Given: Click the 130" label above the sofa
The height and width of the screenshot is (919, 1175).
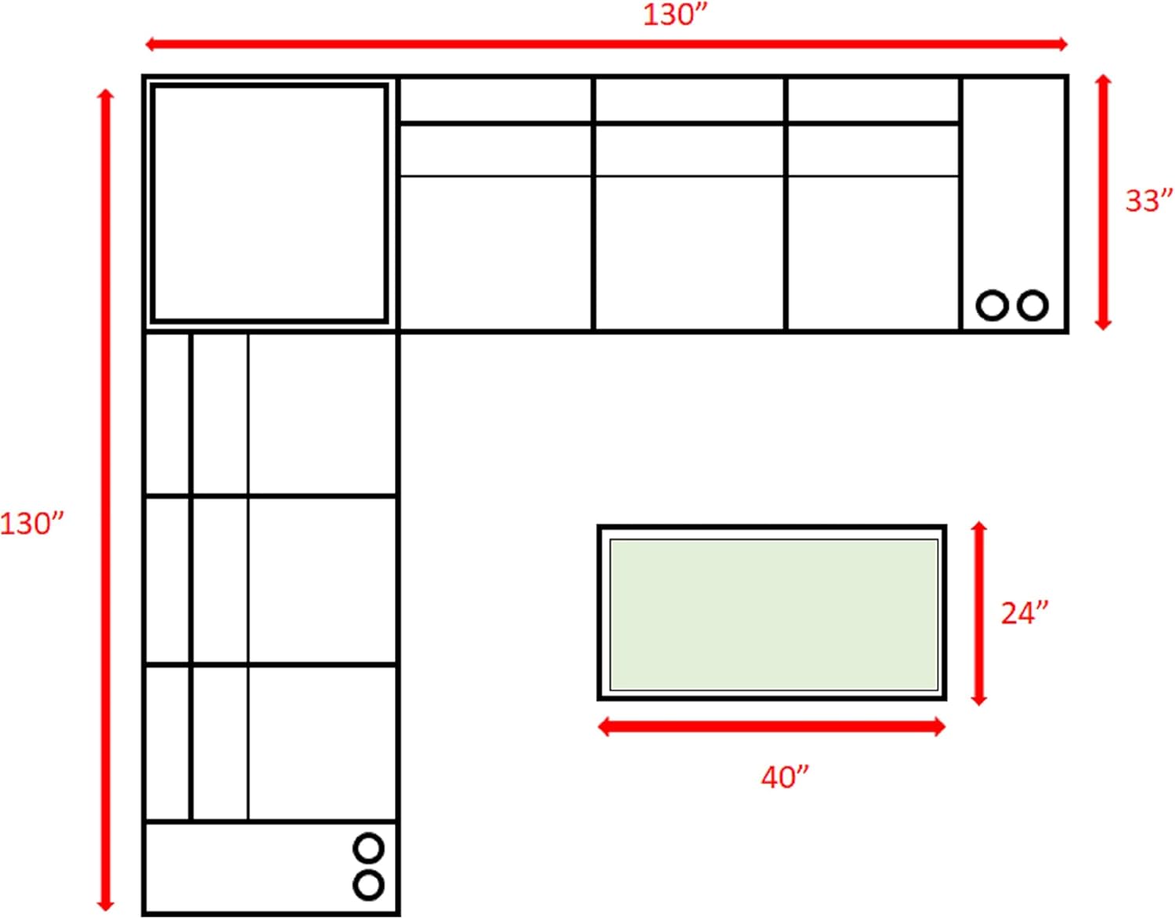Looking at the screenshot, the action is pyautogui.click(x=674, y=15).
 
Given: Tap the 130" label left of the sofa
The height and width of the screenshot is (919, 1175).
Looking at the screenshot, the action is pyautogui.click(x=32, y=524).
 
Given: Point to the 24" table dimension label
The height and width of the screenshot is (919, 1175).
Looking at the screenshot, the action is pyautogui.click(x=1025, y=613).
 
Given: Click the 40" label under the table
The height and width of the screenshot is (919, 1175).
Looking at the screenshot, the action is pyautogui.click(x=785, y=777).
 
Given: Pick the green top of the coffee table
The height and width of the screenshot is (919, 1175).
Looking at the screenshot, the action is pyautogui.click(x=774, y=614).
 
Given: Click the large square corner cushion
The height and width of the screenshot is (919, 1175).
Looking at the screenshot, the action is pyautogui.click(x=269, y=203).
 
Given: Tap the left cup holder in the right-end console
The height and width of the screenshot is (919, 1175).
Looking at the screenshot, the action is pyautogui.click(x=992, y=305).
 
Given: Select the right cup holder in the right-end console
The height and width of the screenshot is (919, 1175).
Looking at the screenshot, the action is pyautogui.click(x=1032, y=305).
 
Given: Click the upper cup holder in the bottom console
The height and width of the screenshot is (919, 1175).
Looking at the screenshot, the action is pyautogui.click(x=369, y=849).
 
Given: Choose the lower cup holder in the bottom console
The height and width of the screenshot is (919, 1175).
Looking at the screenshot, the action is pyautogui.click(x=369, y=885).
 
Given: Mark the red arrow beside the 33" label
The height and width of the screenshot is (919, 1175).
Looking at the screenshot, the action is pyautogui.click(x=1103, y=203).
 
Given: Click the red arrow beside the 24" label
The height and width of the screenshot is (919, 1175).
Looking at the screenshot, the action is pyautogui.click(x=978, y=613).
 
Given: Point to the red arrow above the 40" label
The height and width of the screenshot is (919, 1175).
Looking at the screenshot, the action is pyautogui.click(x=772, y=726).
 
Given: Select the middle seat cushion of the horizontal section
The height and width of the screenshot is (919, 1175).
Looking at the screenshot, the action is pyautogui.click(x=689, y=252).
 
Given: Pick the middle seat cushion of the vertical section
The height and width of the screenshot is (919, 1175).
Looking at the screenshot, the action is pyautogui.click(x=322, y=579).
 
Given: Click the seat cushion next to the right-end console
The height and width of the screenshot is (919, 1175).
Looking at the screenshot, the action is pyautogui.click(x=874, y=252).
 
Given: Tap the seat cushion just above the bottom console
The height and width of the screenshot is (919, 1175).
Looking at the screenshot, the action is pyautogui.click(x=322, y=744).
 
